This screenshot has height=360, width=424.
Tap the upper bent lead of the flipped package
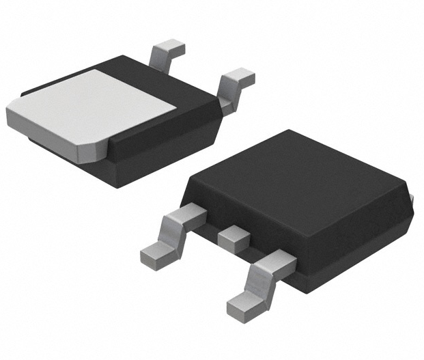pyautogui.click(x=167, y=51)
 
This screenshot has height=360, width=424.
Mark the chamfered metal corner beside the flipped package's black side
pyautogui.click(x=92, y=148)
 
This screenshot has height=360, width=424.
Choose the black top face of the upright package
pyautogui.click(x=300, y=174)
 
